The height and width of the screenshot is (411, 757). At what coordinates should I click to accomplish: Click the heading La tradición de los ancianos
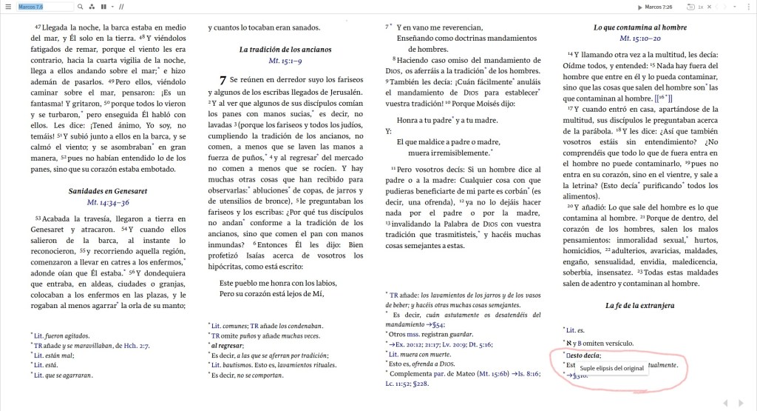[285, 50]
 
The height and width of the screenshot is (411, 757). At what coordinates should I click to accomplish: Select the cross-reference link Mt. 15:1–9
[285, 61]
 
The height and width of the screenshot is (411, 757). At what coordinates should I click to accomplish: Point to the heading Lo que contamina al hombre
[639, 27]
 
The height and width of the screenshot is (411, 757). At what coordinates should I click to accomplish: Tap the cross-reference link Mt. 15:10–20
[639, 39]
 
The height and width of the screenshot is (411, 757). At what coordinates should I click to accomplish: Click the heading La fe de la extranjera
[639, 305]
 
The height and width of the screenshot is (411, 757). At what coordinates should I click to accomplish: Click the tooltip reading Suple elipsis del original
[611, 368]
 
